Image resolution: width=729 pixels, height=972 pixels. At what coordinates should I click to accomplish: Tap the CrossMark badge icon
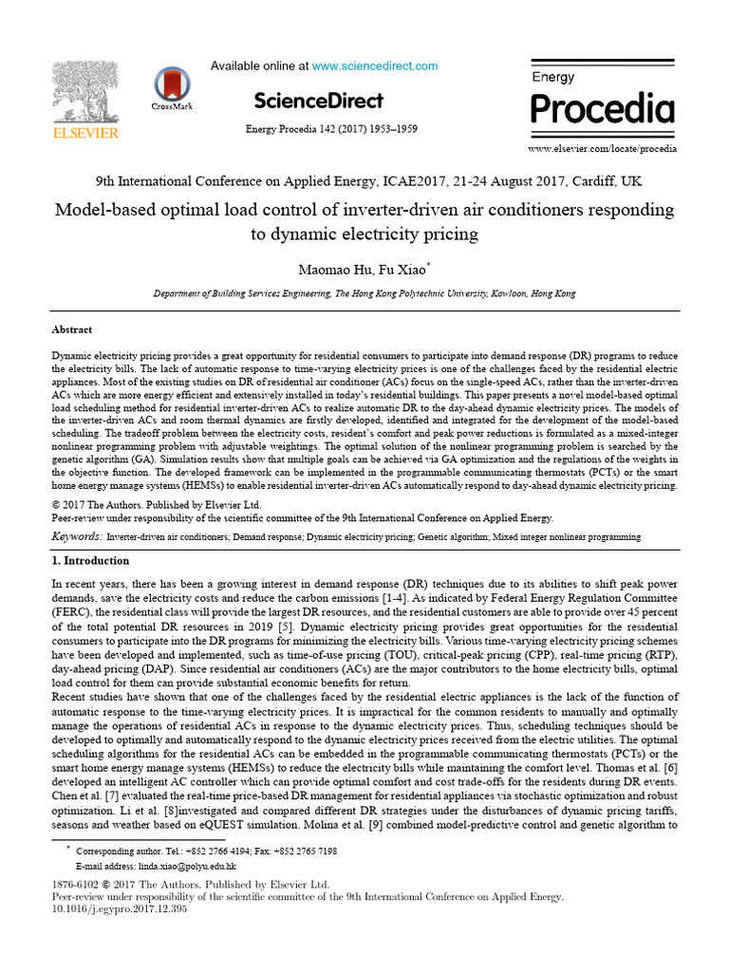[172, 85]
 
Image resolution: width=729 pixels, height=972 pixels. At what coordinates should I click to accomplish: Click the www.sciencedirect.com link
[375, 66]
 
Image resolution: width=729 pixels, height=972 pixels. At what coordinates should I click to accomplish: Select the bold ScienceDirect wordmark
[319, 101]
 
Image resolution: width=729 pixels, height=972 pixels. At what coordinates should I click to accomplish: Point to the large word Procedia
[602, 109]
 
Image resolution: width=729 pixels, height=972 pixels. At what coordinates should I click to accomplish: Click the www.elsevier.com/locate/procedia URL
[602, 149]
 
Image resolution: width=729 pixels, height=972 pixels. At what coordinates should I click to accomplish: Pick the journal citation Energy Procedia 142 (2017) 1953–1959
[331, 129]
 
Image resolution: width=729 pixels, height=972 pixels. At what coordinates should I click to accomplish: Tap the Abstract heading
[71, 329]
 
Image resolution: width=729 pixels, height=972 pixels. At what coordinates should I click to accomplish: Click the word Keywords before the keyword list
[76, 537]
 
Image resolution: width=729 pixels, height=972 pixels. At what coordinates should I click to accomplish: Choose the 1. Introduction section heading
[95, 561]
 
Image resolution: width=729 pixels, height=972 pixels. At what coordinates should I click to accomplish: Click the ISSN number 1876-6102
[77, 884]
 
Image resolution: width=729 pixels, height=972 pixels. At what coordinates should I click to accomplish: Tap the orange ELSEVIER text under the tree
[85, 134]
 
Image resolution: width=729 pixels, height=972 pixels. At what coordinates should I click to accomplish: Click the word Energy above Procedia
[553, 76]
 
